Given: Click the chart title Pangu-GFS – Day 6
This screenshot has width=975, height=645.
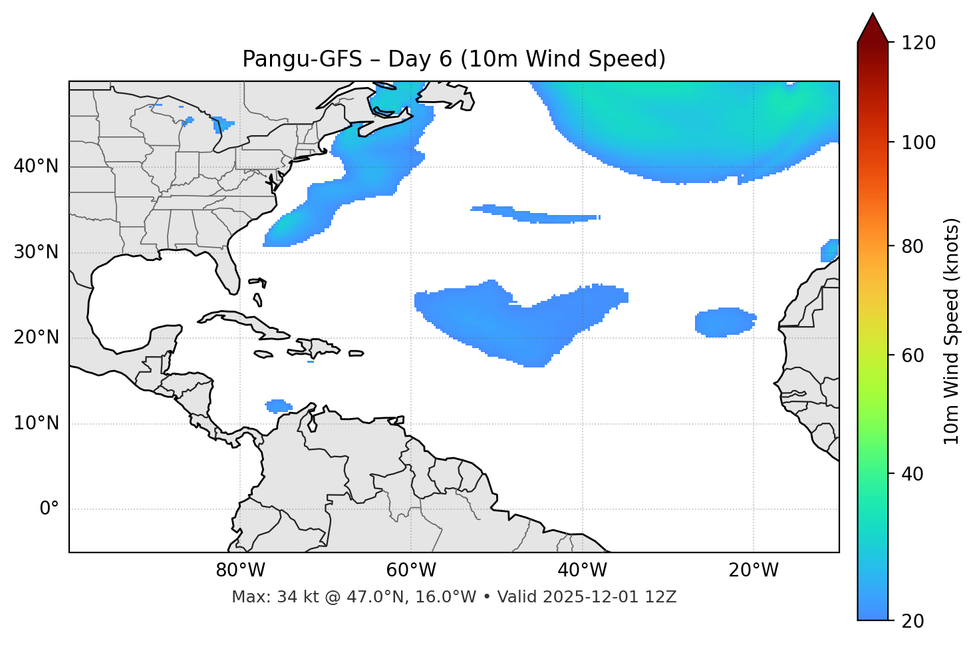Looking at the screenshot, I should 454,59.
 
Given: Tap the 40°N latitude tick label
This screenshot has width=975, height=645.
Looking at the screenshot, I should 36,166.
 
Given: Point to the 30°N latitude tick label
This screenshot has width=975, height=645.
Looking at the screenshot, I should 36,252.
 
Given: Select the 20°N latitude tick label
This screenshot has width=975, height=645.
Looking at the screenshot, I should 36,337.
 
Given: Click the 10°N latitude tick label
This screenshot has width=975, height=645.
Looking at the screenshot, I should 36,423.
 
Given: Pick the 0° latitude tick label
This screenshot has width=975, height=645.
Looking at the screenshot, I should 49,509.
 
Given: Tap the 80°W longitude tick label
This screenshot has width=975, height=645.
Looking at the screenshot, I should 240,570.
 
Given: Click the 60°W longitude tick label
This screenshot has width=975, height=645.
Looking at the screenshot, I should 411,570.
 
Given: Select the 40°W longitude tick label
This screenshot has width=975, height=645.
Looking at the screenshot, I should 582,570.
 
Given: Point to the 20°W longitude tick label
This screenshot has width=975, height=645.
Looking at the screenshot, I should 754,570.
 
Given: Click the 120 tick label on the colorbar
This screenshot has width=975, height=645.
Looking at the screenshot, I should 918,43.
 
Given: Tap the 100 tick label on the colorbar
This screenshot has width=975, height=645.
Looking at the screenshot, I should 918,142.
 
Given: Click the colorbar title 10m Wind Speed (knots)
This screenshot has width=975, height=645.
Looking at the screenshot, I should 952,331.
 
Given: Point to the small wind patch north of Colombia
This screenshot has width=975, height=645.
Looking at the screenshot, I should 278,405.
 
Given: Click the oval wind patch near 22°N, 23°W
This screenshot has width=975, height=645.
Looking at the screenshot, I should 725,322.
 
